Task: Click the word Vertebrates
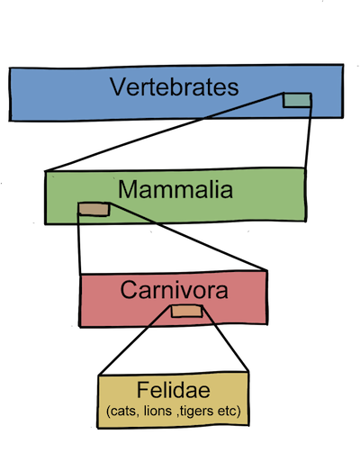174,86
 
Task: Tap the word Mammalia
175,189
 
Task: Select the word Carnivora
174,290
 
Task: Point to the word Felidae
174,390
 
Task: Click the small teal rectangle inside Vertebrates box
297,100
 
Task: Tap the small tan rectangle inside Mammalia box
94,209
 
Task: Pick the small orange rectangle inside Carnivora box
187,312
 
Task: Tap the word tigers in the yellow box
196,412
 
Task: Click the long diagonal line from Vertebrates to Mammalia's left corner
164,132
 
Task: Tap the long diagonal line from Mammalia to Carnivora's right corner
188,237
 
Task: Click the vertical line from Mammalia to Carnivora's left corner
79,243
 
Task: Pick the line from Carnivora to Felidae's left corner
135,340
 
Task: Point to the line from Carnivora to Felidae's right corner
226,339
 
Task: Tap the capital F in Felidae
143,390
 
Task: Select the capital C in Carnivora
129,290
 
